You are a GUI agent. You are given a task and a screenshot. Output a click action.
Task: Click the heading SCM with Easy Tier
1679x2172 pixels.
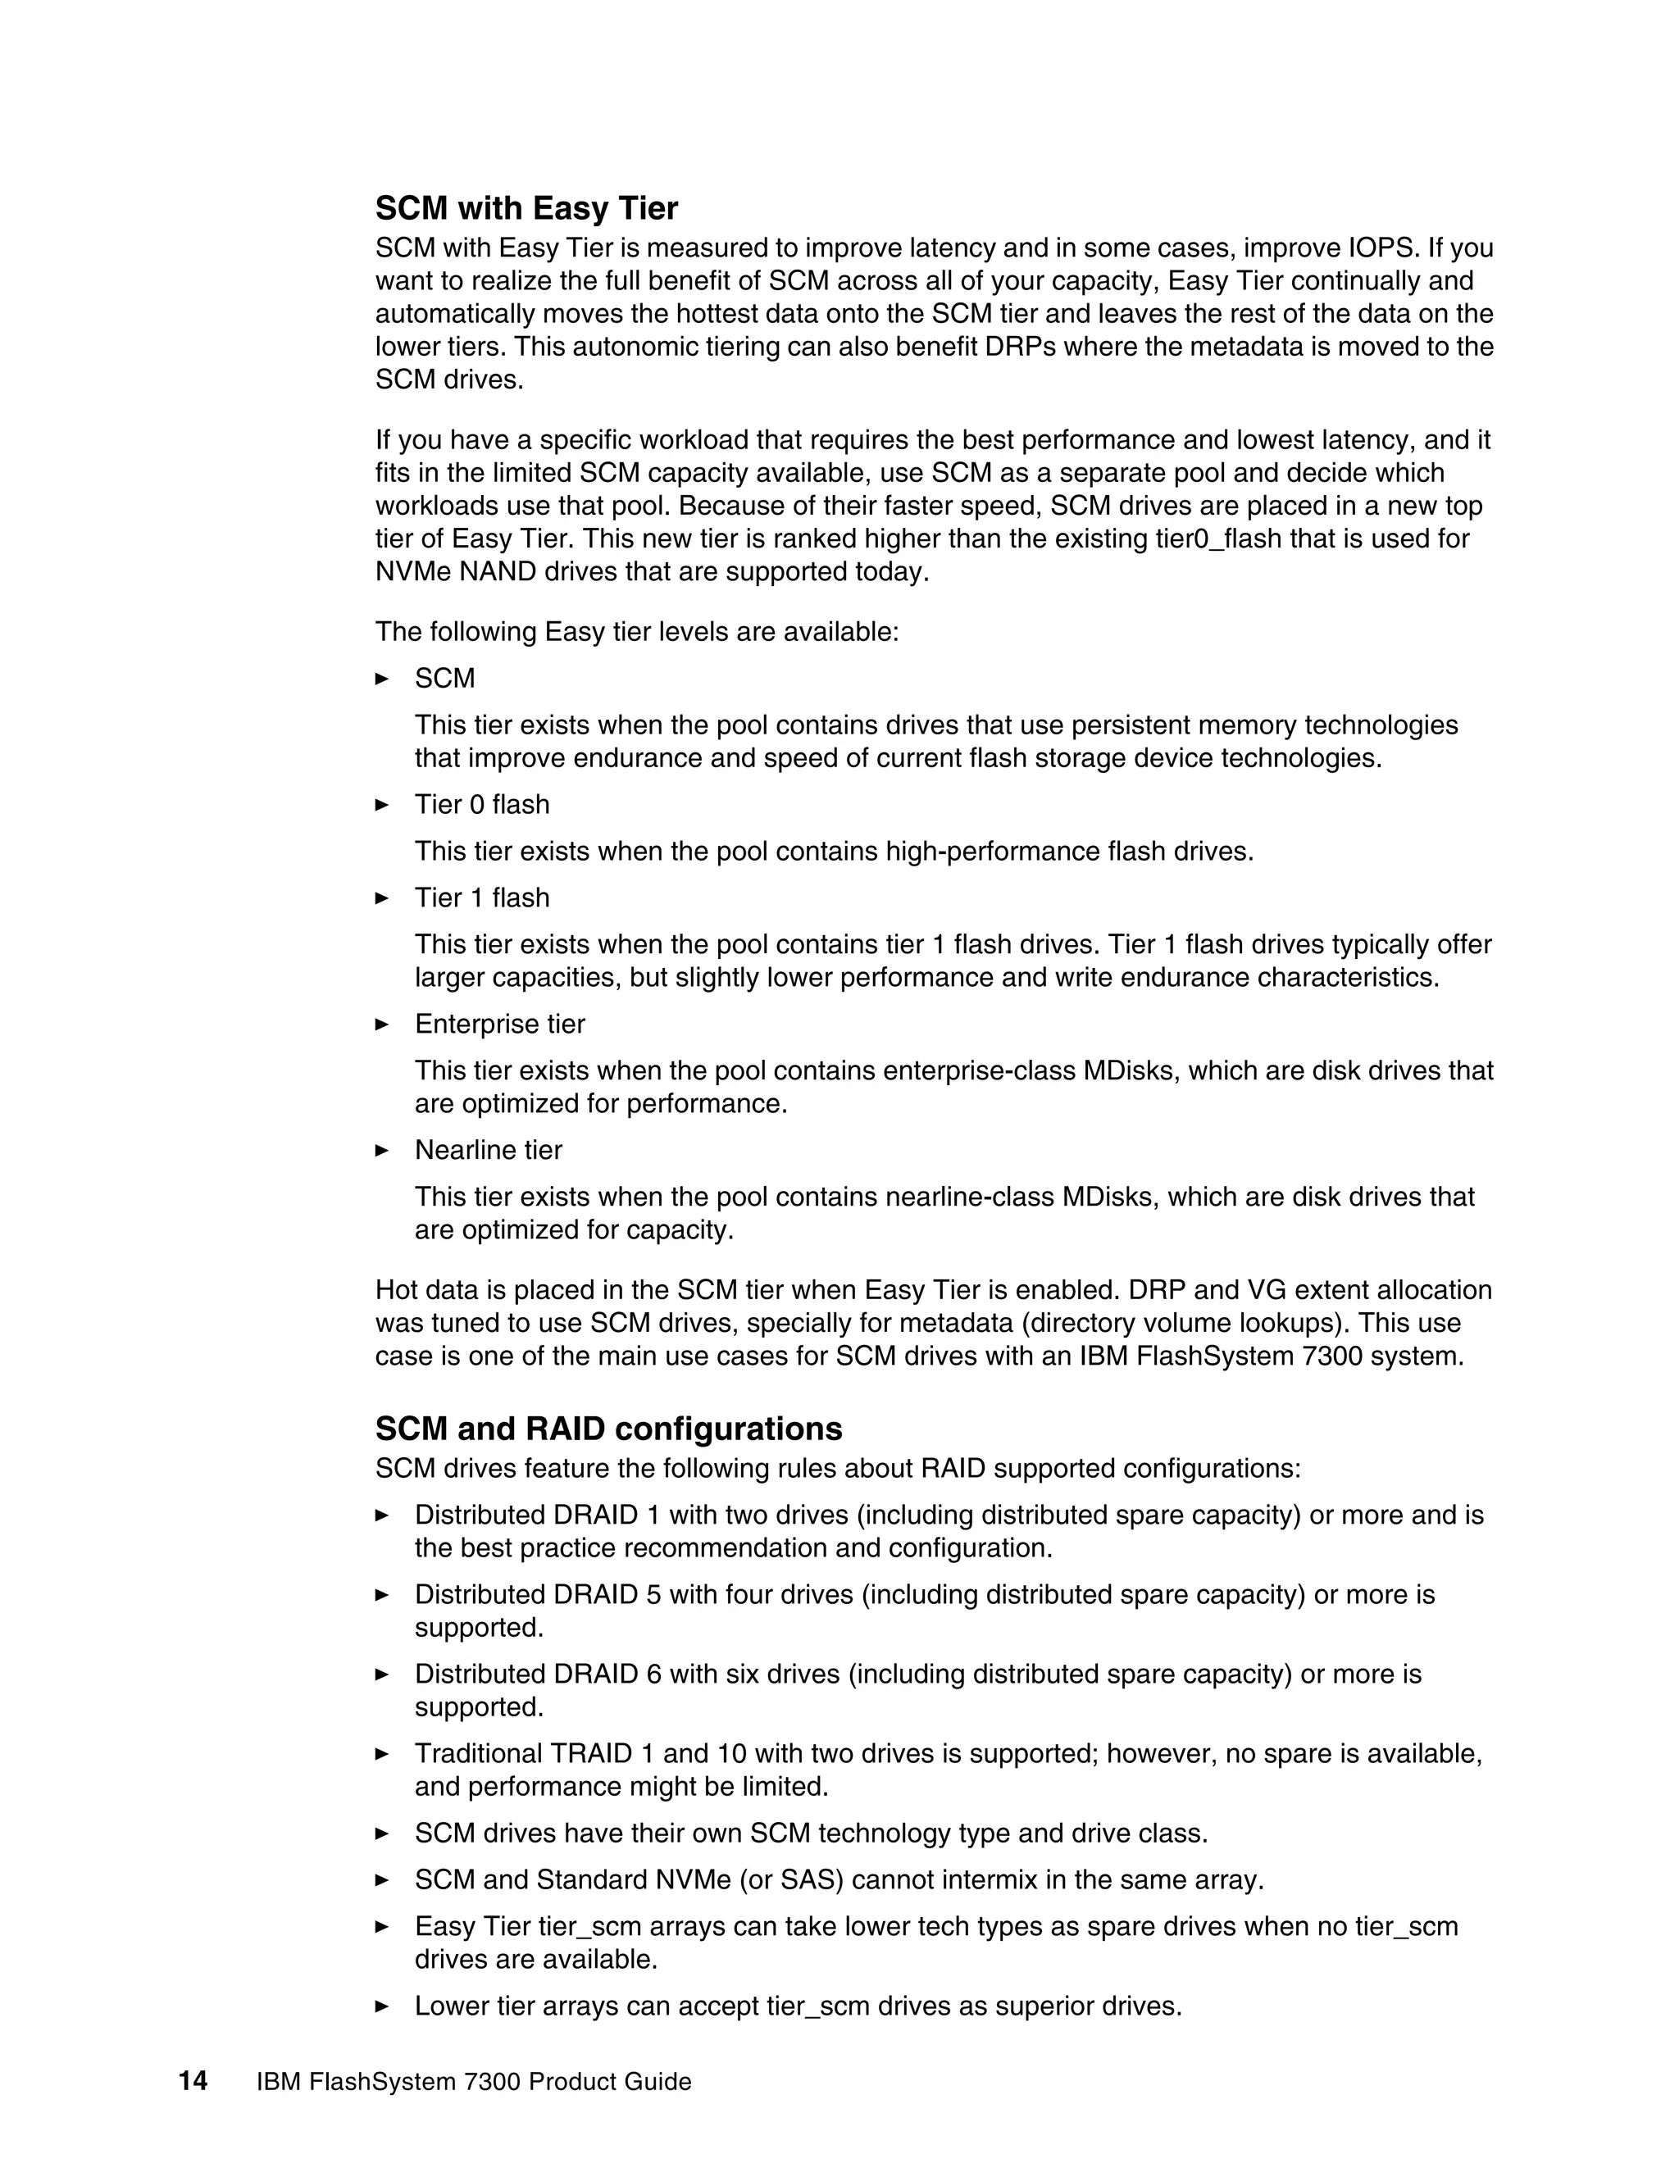pyautogui.click(x=526, y=209)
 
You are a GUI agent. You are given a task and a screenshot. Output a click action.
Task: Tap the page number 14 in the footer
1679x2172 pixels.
pyautogui.click(x=193, y=2082)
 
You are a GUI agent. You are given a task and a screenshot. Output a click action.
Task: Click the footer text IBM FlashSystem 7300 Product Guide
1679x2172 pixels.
pyautogui.click(x=474, y=2083)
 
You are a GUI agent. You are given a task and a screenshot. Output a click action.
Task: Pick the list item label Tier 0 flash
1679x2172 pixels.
pyautogui.click(x=481, y=805)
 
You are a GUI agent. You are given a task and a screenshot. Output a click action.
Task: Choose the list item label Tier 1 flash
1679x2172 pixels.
pyautogui.click(x=481, y=898)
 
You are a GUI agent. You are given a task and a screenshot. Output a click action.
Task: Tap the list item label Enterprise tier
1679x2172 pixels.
pyautogui.click(x=499, y=1025)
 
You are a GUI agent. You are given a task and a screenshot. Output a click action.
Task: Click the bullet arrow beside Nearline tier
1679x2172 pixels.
pyautogui.click(x=382, y=1151)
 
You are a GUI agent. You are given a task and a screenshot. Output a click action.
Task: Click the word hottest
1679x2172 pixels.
pyautogui.click(x=721, y=314)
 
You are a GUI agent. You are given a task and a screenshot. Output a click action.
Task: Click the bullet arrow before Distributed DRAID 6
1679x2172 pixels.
pyautogui.click(x=382, y=1674)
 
